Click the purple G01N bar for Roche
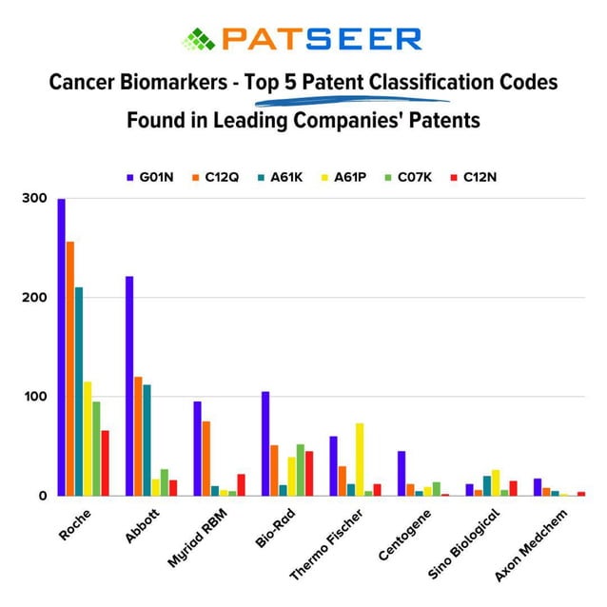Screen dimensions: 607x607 (x=61, y=347)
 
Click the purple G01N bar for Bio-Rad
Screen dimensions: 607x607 (x=265, y=443)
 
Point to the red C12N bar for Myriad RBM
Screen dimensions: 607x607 (x=241, y=484)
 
